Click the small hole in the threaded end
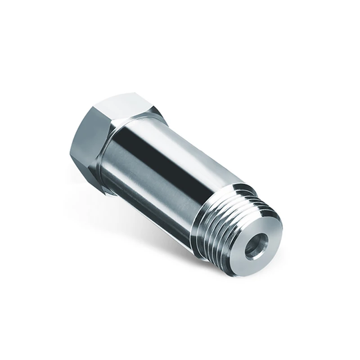(253, 247)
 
